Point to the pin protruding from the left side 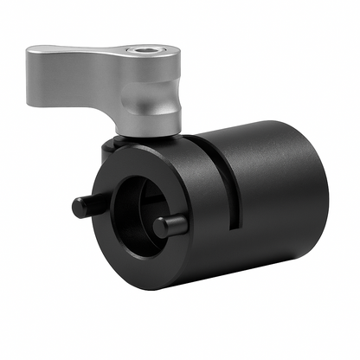pyautogui.click(x=84, y=206)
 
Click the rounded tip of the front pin pyautogui.click(x=161, y=225)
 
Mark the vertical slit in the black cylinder pyautogui.click(x=232, y=182)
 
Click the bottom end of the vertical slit pyautogui.click(x=234, y=227)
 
